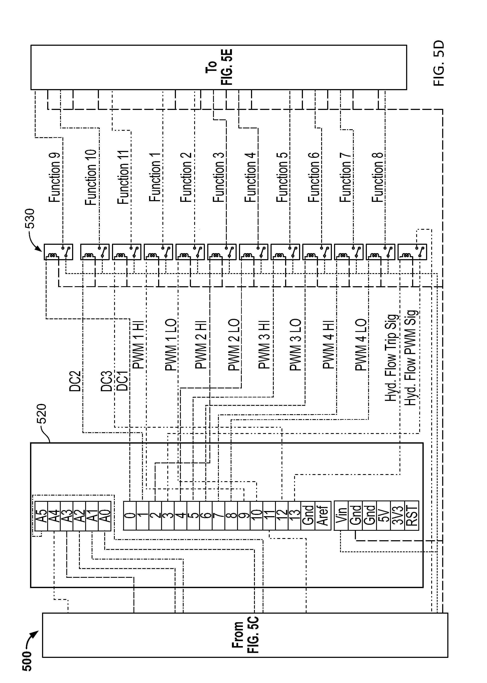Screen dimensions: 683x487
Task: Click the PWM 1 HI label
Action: [138, 345]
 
